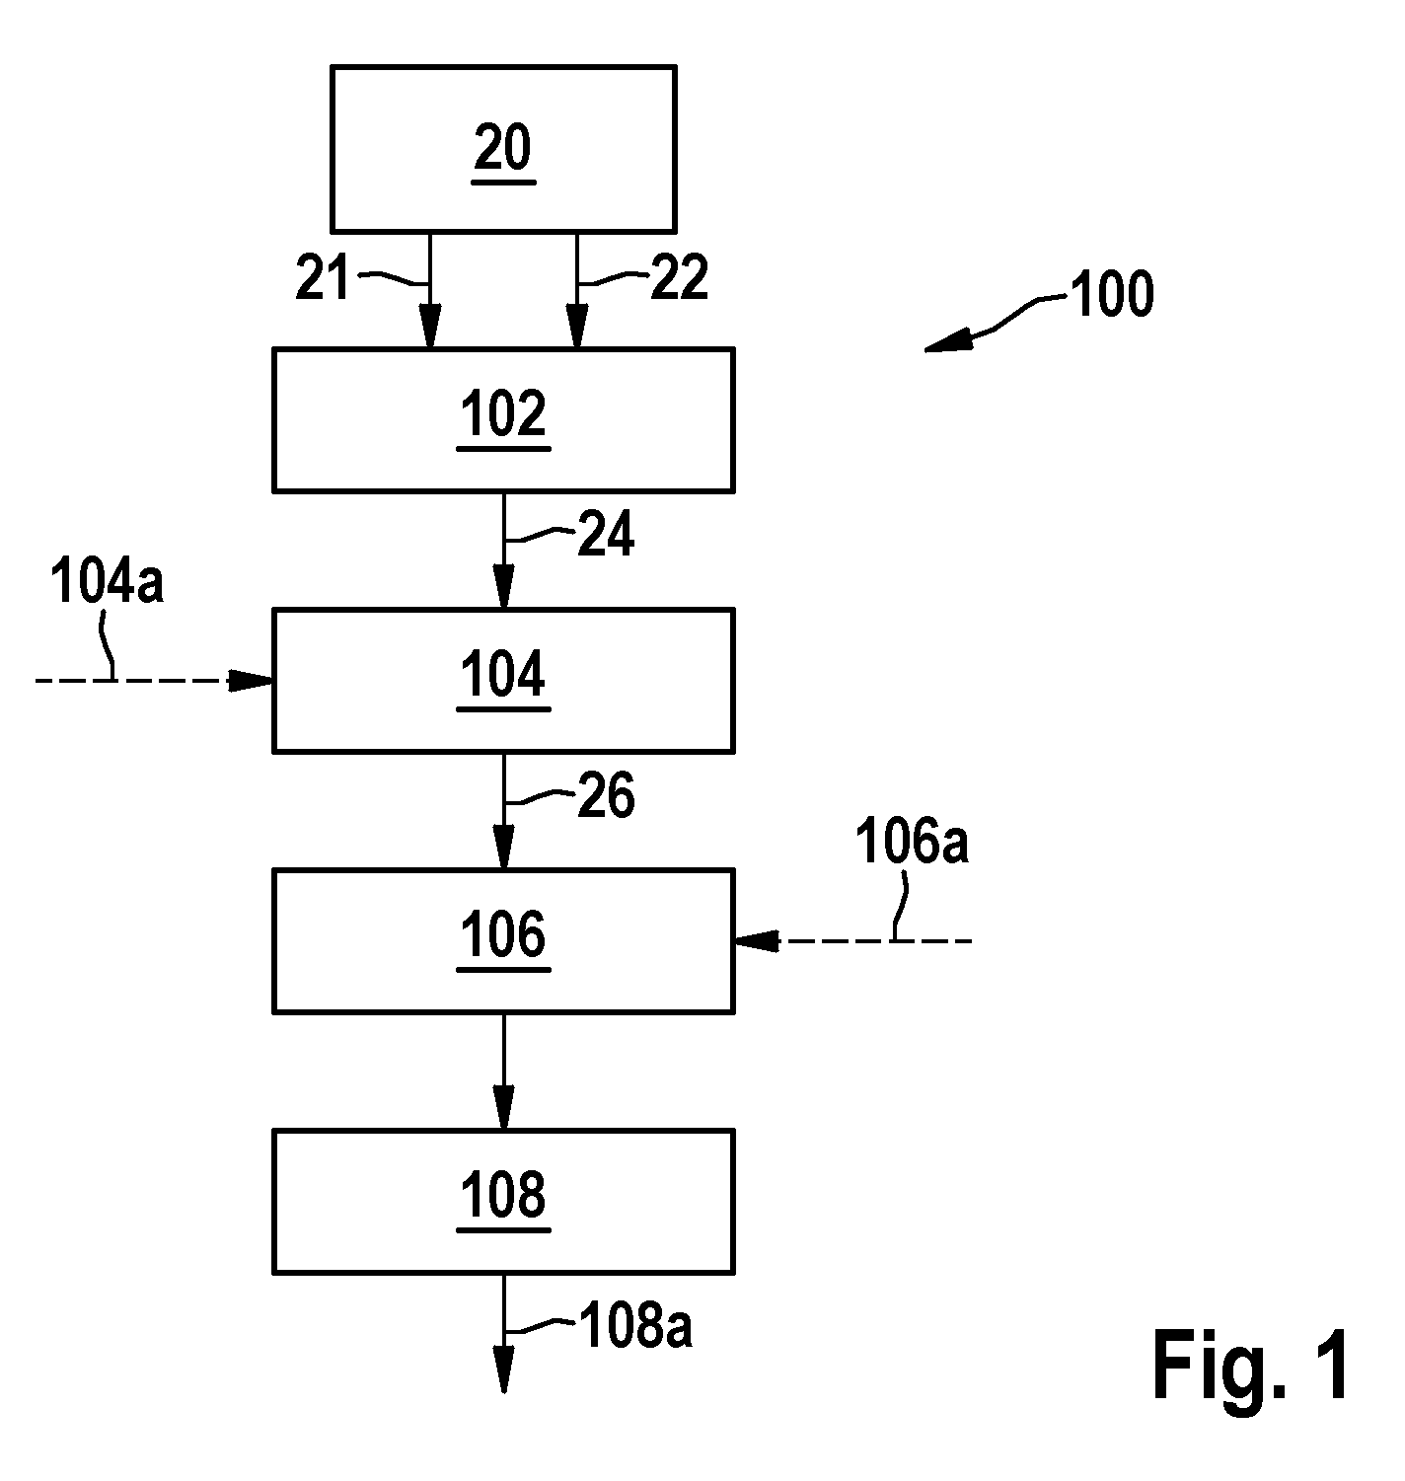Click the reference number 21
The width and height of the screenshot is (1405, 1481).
323,277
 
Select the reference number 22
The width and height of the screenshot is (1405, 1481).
680,277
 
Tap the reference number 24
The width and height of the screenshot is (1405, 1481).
607,534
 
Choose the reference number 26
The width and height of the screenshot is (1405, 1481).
607,795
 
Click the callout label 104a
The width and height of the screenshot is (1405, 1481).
107,582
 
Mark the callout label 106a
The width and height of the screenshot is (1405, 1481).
913,842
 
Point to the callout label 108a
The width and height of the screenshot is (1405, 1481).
635,1326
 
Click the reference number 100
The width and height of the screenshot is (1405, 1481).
1112,294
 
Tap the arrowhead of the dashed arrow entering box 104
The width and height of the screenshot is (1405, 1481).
251,680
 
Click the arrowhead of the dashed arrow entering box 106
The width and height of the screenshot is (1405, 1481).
756,941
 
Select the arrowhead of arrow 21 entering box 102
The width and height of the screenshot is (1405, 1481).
430,327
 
